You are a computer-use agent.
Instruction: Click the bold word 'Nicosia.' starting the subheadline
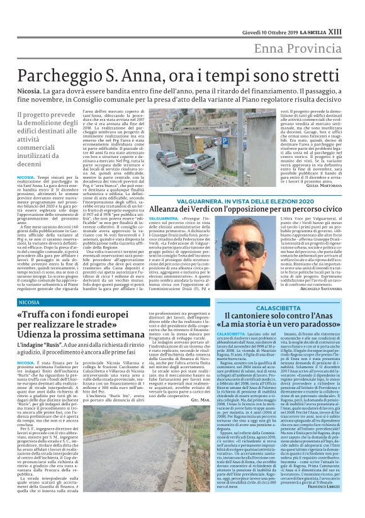[30, 91]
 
